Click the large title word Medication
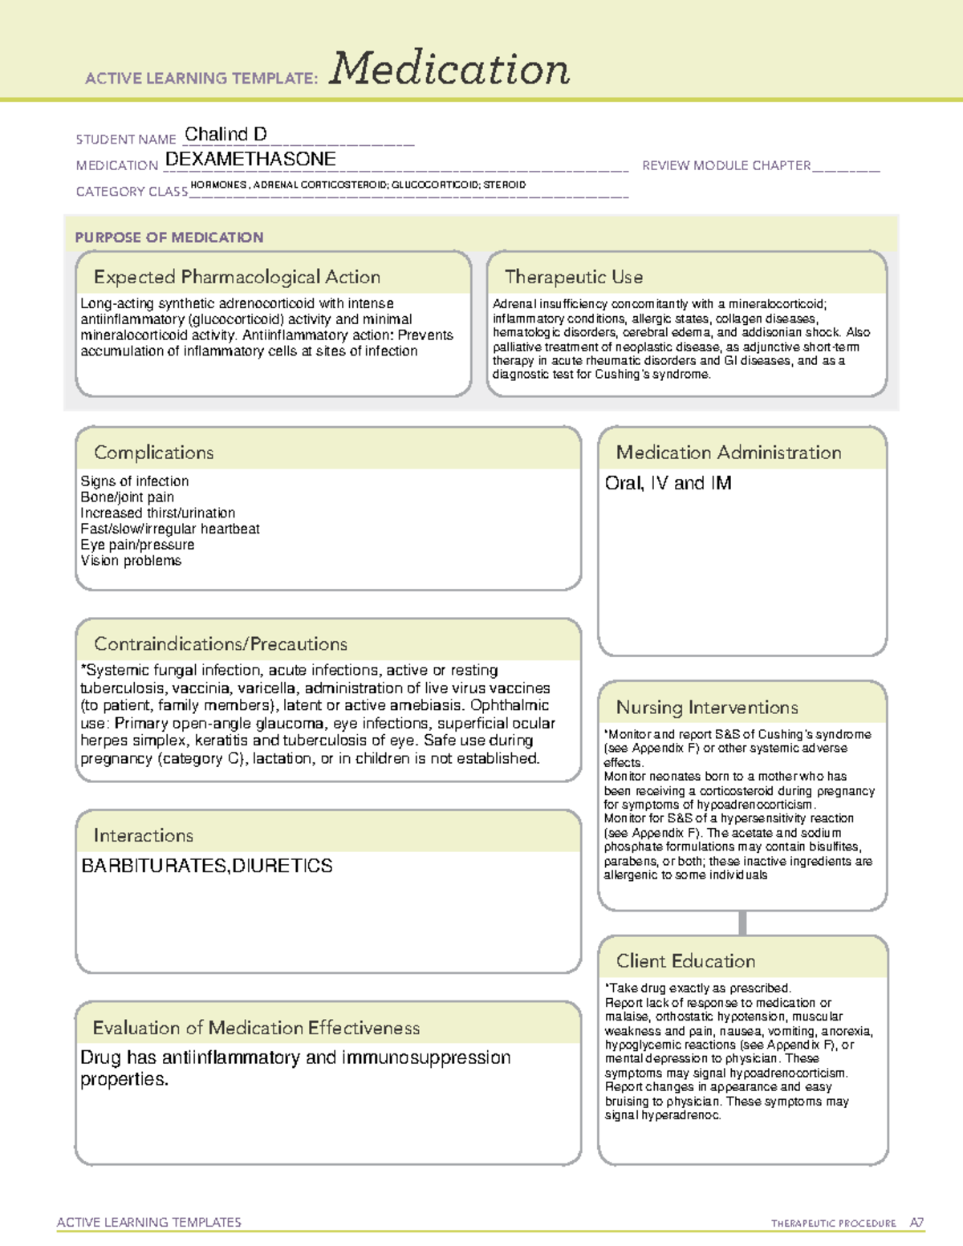[449, 69]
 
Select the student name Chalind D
[226, 134]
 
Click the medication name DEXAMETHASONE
[250, 160]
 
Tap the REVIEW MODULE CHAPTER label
[726, 165]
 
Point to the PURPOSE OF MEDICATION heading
[169, 237]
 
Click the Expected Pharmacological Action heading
[237, 277]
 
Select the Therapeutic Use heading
[574, 277]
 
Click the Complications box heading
[154, 453]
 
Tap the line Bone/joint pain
[127, 497]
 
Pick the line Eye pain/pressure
[137, 545]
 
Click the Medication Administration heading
[729, 453]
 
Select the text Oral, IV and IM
[668, 483]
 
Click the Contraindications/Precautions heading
[221, 644]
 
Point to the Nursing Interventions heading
[707, 708]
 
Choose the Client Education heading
[685, 961]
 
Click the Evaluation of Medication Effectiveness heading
[256, 1028]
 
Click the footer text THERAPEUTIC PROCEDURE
[833, 1224]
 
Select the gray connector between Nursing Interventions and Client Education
[742, 923]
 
